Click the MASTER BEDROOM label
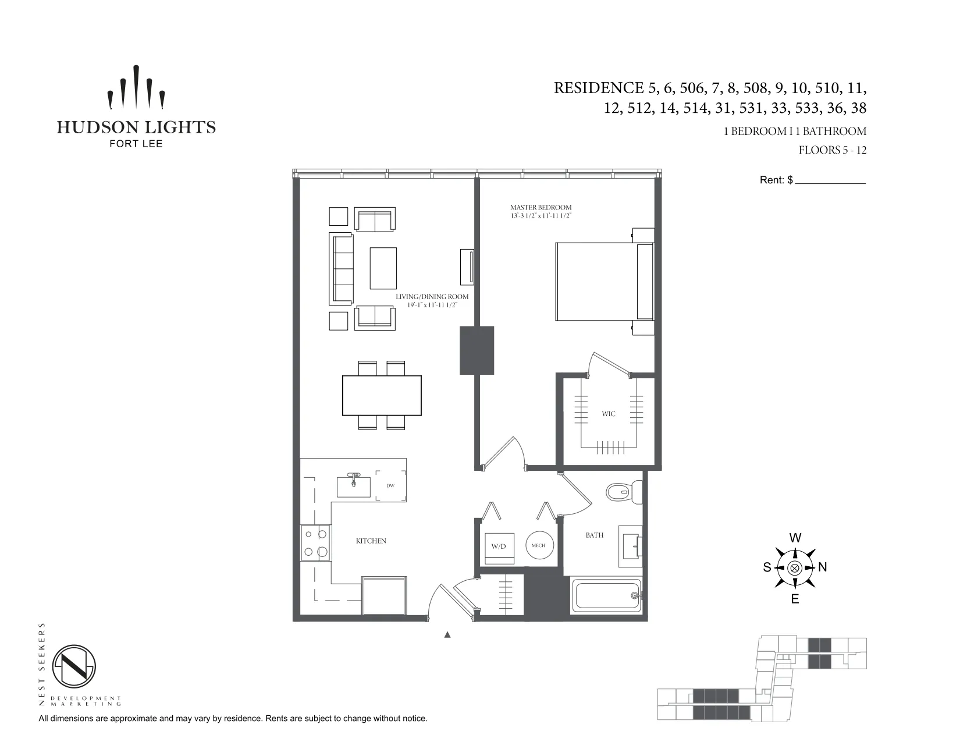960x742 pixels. (541, 208)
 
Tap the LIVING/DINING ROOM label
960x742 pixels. (432, 297)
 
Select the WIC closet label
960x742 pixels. (609, 414)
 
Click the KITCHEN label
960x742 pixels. (371, 541)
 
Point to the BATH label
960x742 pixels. (595, 535)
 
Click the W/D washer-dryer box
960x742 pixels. (499, 547)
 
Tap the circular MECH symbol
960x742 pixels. (539, 546)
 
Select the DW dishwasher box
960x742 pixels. (390, 486)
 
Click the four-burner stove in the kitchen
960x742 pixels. (316, 543)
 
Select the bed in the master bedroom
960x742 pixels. (604, 282)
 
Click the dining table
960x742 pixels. (382, 396)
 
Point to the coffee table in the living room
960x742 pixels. (383, 268)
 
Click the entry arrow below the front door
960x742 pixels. (447, 635)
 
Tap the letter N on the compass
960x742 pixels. (823, 567)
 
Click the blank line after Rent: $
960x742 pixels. (830, 180)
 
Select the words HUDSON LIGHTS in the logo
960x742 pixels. (136, 127)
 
